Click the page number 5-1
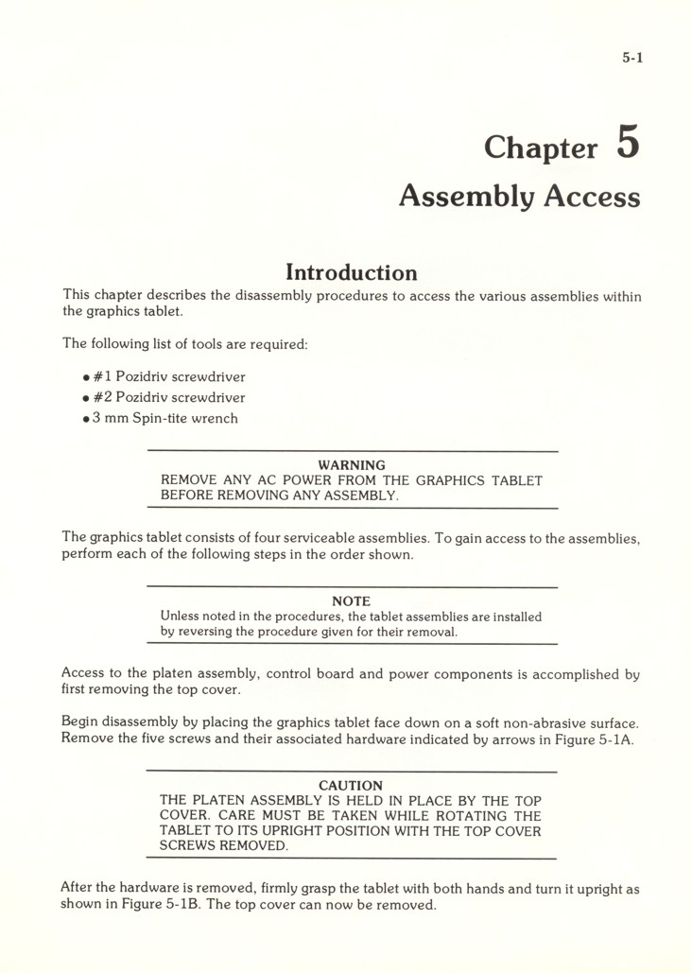pos(632,59)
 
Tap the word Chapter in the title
pos(541,148)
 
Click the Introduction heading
pos(351,272)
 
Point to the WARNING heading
pos(351,465)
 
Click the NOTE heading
pos(351,601)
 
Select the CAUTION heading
pos(351,786)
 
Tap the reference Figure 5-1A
pos(597,738)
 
